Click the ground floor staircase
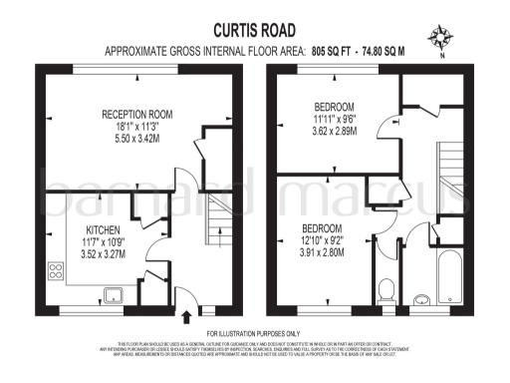point(219,224)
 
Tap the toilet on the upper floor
point(389,290)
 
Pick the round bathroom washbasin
point(421,297)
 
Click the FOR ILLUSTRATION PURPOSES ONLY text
point(253,333)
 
